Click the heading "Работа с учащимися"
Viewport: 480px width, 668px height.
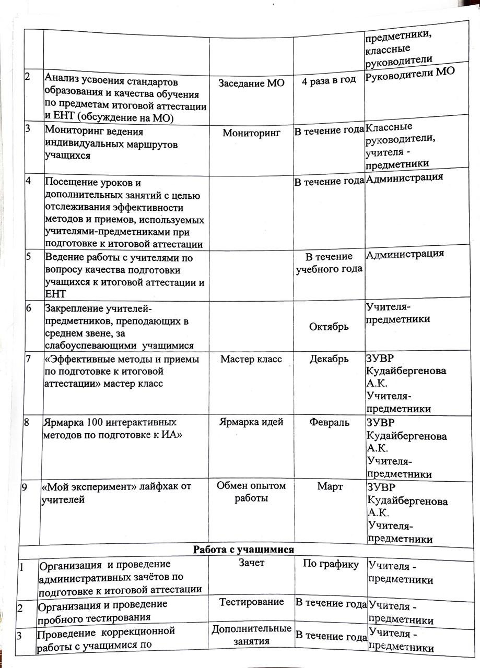[243, 549]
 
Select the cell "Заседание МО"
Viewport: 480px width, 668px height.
[251, 83]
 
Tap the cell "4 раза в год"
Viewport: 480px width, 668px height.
[329, 80]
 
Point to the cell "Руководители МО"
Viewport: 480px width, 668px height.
[410, 71]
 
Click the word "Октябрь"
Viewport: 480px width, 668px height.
[329, 326]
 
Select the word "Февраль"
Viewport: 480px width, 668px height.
[329, 422]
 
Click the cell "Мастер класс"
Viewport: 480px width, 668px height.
[251, 359]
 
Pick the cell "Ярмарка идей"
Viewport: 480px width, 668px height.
[251, 422]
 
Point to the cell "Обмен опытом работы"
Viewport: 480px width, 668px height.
[251, 492]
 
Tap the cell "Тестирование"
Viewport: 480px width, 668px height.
[251, 602]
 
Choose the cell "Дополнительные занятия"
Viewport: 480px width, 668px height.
[251, 635]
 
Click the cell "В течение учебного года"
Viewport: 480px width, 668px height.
[329, 263]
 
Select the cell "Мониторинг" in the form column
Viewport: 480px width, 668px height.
[251, 133]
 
